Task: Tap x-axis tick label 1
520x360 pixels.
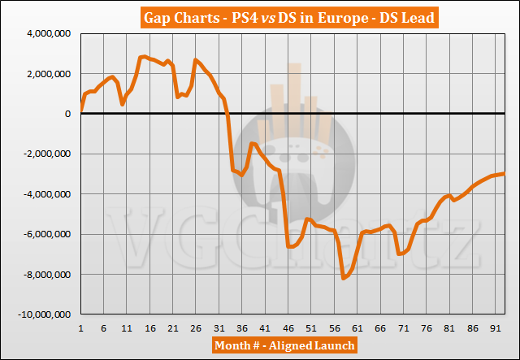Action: (x=81, y=328)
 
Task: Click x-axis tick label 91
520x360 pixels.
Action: (x=496, y=328)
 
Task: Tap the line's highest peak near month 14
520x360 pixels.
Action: (x=145, y=56)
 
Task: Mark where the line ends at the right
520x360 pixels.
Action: (x=505, y=173)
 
